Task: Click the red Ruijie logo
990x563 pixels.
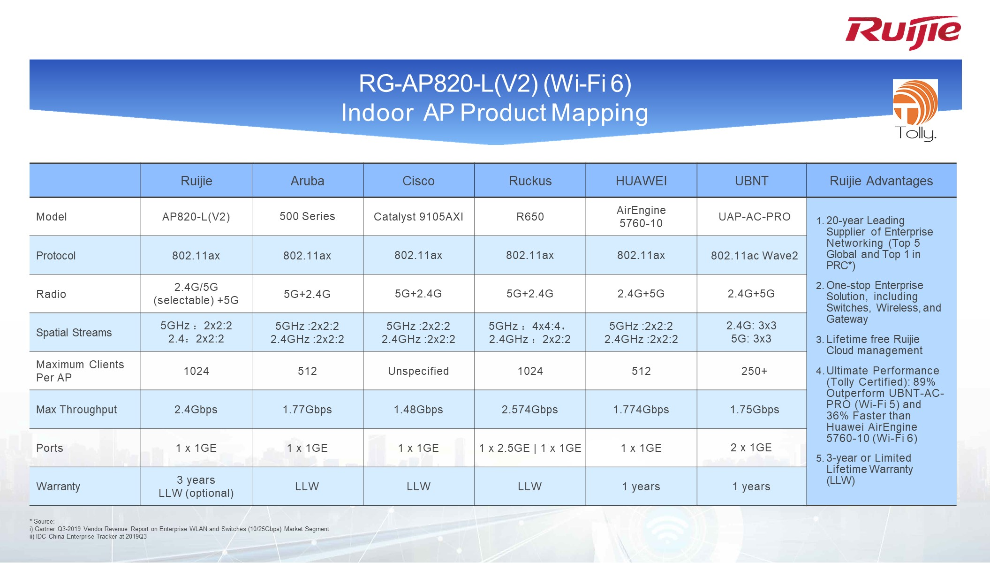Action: (x=903, y=32)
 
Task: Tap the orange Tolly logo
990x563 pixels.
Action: (x=915, y=111)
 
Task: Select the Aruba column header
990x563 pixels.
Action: (x=307, y=181)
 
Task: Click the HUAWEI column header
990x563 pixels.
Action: (x=641, y=181)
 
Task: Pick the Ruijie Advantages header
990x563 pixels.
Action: (x=881, y=181)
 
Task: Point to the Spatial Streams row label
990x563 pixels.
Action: (x=74, y=333)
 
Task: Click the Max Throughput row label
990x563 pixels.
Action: (x=76, y=410)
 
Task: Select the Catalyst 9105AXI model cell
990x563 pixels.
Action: (x=418, y=217)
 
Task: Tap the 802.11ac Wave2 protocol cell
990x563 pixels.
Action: (x=754, y=256)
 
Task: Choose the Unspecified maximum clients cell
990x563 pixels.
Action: (x=418, y=371)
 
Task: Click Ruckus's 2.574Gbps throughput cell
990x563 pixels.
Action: (x=530, y=410)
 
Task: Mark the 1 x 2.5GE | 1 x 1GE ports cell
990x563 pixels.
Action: (x=530, y=448)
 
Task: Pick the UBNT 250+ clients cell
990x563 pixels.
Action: (x=754, y=371)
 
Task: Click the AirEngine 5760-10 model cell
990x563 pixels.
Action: (x=641, y=217)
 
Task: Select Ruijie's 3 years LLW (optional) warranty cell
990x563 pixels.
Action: (x=196, y=487)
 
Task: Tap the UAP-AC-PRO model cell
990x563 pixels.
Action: (x=754, y=217)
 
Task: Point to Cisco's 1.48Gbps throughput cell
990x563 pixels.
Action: (x=418, y=410)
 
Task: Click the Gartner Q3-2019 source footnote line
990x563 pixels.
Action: (x=179, y=529)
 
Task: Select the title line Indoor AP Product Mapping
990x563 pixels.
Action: (x=495, y=113)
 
